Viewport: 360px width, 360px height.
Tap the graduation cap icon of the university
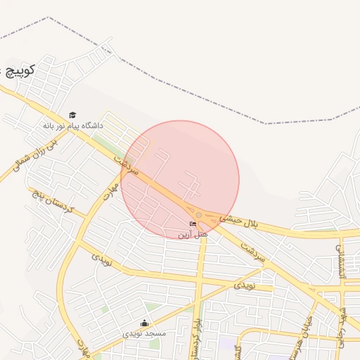tap(72, 115)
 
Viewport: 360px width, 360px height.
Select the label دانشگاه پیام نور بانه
tap(72, 125)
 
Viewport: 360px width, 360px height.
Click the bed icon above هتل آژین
tap(193, 224)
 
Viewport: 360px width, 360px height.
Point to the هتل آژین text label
tap(193, 233)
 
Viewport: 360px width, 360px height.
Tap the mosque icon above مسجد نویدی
tap(145, 323)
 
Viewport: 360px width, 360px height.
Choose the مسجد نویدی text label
tap(144, 333)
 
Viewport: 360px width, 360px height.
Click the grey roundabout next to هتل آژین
tap(199, 214)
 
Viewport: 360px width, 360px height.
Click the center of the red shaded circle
tap(180, 180)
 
